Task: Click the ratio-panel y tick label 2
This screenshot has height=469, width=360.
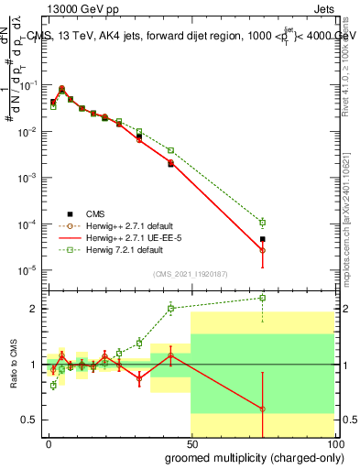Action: tap(35, 309)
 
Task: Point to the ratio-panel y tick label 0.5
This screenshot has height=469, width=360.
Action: tap(31, 420)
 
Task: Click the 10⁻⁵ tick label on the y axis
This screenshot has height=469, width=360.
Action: tap(29, 270)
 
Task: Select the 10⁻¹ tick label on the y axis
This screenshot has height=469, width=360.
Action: tap(29, 84)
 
